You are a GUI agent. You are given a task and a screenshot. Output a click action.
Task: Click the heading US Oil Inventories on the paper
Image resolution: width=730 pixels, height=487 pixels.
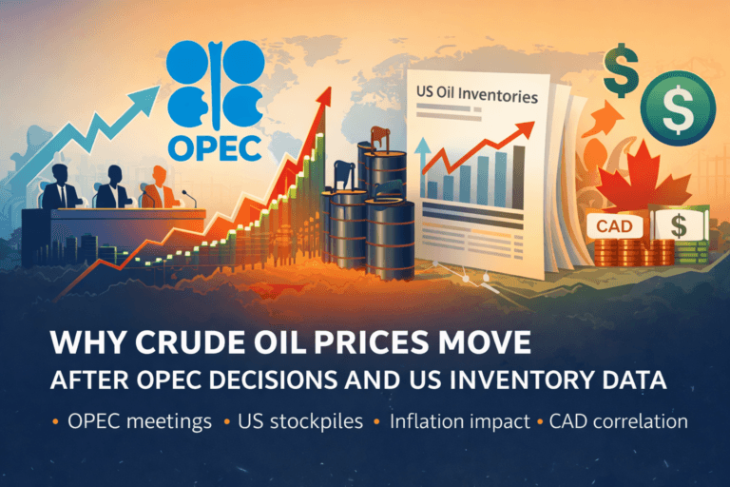(x=477, y=96)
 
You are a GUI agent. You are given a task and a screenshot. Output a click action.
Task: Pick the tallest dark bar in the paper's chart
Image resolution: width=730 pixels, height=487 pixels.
(x=518, y=170)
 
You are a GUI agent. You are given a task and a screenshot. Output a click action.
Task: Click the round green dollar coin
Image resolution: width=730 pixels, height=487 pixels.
(x=677, y=112)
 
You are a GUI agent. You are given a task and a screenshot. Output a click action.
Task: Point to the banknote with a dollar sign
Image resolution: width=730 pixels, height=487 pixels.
(x=681, y=227)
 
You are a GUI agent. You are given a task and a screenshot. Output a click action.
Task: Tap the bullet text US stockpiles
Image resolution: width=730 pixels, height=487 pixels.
(x=303, y=421)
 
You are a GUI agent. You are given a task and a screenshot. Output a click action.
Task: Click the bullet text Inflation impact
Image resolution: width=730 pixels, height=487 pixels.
(x=452, y=421)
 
